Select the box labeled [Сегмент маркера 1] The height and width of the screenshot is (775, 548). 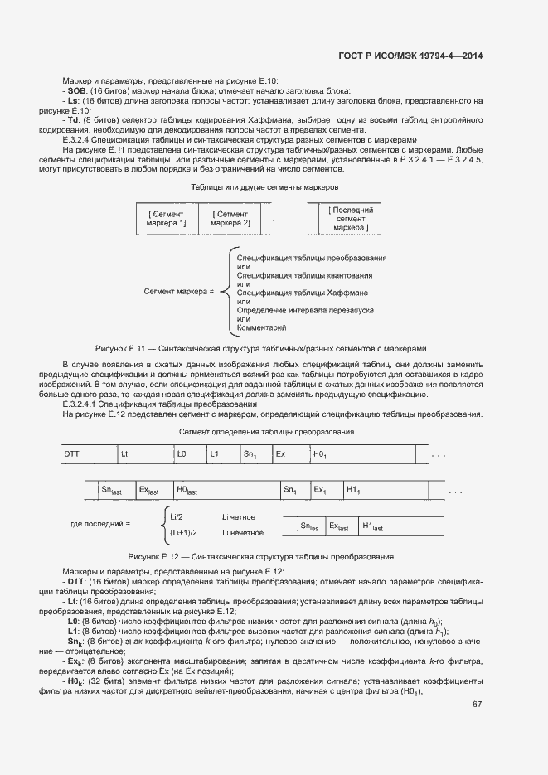167,218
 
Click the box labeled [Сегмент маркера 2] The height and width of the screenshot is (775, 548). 230,218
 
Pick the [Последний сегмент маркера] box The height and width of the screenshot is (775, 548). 350,219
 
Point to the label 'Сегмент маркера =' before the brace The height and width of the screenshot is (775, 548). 179,292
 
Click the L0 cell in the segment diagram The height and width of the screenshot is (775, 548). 188,454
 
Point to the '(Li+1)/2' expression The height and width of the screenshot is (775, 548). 184,533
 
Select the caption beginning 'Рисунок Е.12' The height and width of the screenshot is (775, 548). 260,556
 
